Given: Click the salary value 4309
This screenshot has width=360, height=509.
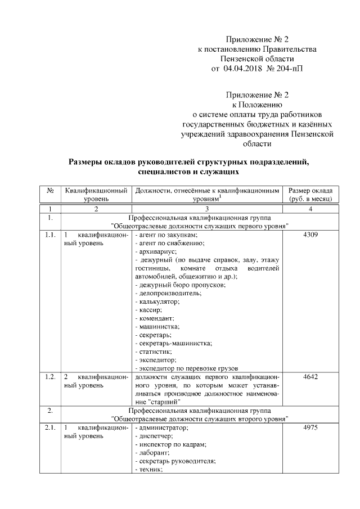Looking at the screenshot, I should (310, 235).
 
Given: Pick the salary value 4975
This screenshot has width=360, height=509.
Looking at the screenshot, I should (310, 428).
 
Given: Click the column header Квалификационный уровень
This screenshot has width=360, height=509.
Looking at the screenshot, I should (96, 195).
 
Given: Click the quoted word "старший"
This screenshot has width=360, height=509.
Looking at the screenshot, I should (165, 402).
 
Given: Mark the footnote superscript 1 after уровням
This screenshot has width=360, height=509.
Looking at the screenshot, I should (220, 196).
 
